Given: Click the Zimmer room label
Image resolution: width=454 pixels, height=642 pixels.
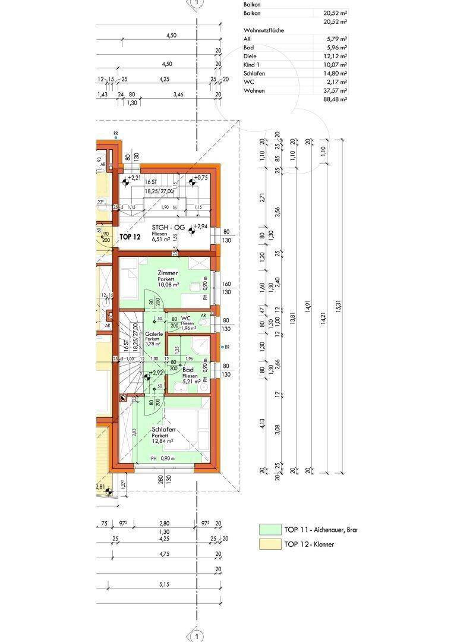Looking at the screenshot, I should pyautogui.click(x=167, y=273).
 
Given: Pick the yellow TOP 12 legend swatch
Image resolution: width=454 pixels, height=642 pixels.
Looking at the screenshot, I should pyautogui.click(x=269, y=544).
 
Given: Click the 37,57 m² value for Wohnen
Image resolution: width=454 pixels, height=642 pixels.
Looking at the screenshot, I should pyautogui.click(x=336, y=91).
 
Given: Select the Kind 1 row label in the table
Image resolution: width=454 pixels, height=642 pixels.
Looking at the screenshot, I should pyautogui.click(x=252, y=65).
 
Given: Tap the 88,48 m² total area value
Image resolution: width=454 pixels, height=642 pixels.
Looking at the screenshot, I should pyautogui.click(x=336, y=100).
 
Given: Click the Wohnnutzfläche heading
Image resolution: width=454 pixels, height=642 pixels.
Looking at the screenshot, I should pyautogui.click(x=263, y=30).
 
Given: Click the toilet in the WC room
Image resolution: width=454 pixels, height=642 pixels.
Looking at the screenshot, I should pyautogui.click(x=204, y=322).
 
